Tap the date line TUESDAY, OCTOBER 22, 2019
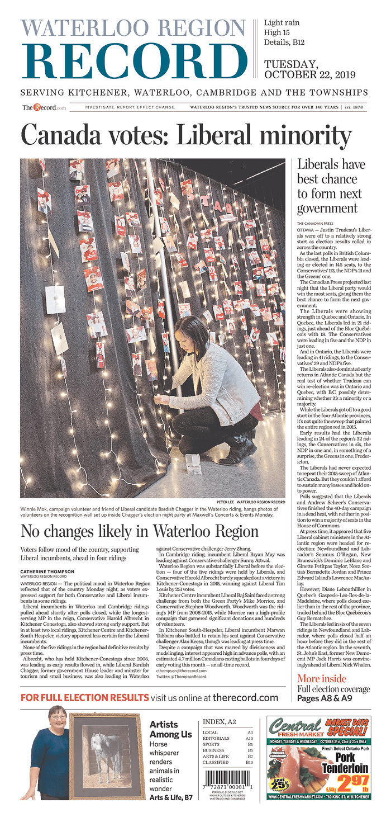[x=299, y=69]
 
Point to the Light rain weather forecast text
[x=282, y=22]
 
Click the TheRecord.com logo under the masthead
[x=44, y=107]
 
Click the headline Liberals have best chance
[x=331, y=186]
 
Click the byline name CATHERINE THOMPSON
[x=47, y=571]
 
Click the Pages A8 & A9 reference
[x=325, y=698]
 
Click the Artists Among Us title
[x=170, y=729]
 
